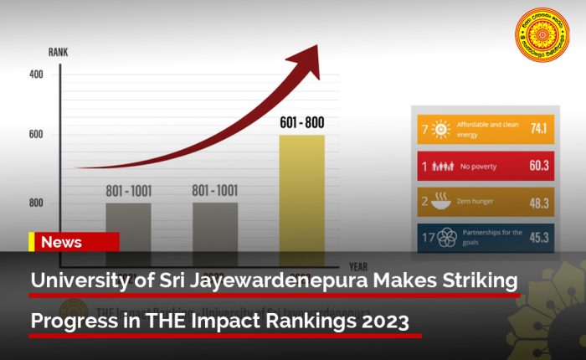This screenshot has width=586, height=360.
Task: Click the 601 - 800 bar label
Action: point(301,123)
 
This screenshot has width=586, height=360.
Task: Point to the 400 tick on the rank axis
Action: point(36,75)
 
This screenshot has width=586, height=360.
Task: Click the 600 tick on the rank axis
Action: point(36,134)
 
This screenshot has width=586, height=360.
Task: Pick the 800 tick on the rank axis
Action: point(36,203)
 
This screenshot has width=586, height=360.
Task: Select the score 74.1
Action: point(537,129)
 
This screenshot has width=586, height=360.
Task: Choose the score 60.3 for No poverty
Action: point(538,166)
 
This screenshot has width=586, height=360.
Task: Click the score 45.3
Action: point(538,239)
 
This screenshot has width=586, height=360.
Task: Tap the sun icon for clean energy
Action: point(441,129)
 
